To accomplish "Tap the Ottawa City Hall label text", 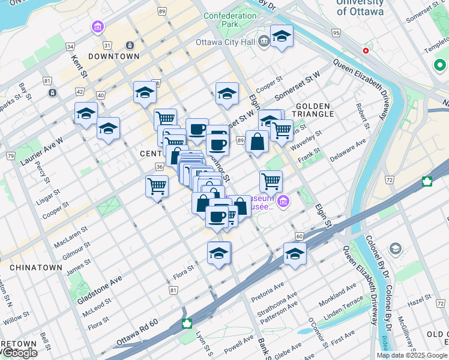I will coord(225,42).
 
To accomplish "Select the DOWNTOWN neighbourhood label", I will coord(113,56).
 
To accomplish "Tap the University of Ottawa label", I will coord(360,7).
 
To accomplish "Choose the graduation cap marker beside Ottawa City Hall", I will coord(282,37).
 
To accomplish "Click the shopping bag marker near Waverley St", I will coord(257,143).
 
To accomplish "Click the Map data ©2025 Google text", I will coord(411,355).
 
